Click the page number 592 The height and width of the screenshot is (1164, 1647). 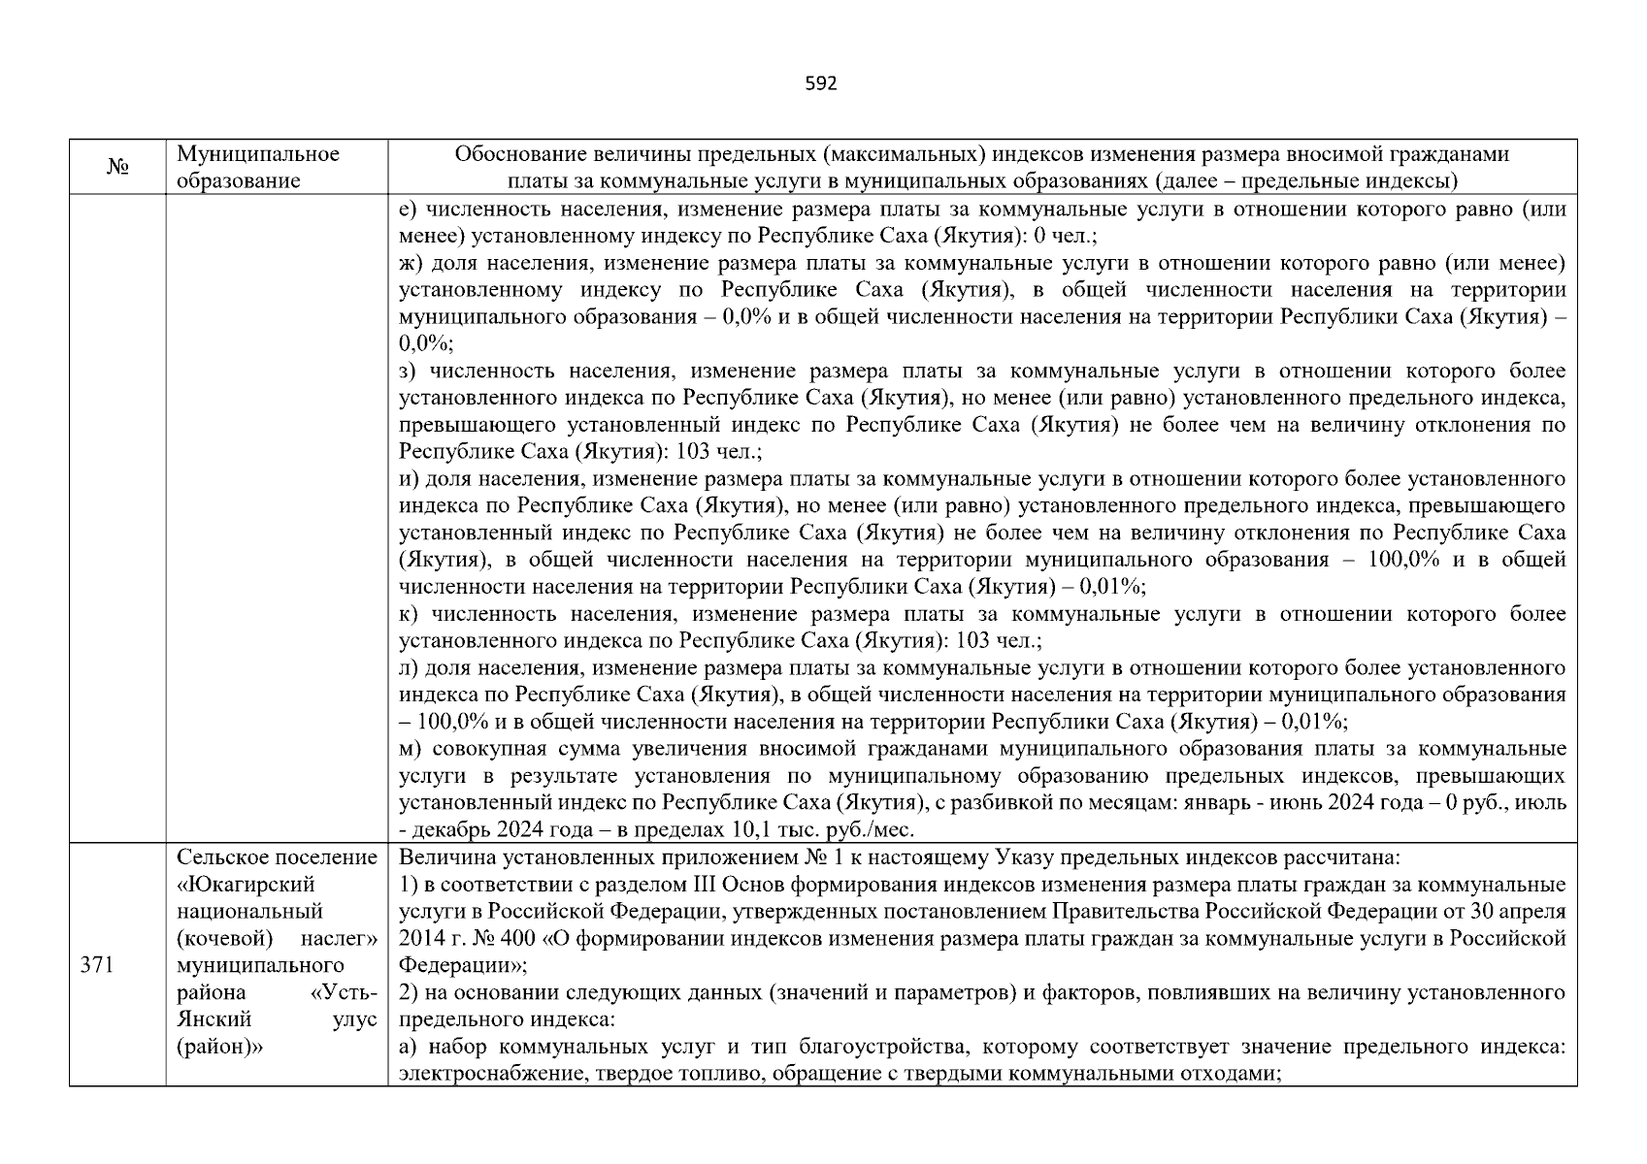coord(821,84)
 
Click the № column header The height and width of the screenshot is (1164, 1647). coord(117,168)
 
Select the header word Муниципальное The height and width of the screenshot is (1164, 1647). coord(258,154)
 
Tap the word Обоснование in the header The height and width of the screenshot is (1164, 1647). coord(511,154)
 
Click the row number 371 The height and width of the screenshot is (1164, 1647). coord(98,965)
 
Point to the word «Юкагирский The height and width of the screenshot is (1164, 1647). coord(247,885)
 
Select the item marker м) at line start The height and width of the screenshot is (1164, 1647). coord(409,750)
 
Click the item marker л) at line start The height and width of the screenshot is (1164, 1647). coord(409,668)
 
